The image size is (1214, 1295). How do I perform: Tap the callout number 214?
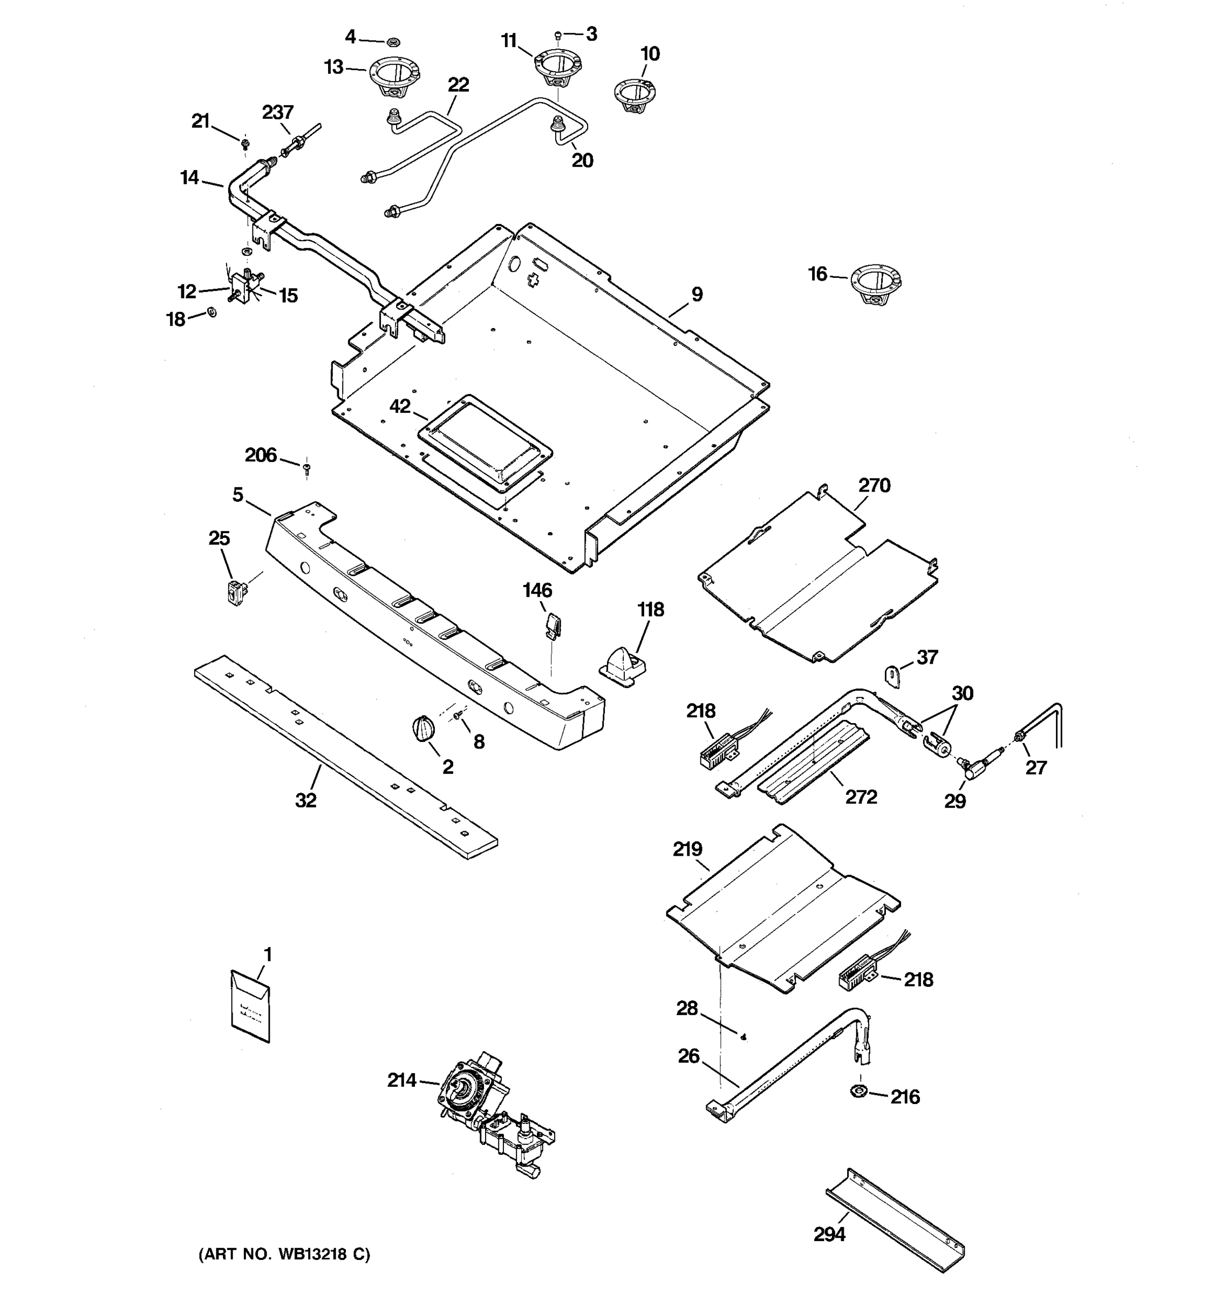402,1081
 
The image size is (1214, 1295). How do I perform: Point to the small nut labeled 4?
393,42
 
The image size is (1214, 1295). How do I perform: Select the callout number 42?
400,406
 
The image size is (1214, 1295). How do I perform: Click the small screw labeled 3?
558,35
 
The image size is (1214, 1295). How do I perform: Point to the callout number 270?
874,485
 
